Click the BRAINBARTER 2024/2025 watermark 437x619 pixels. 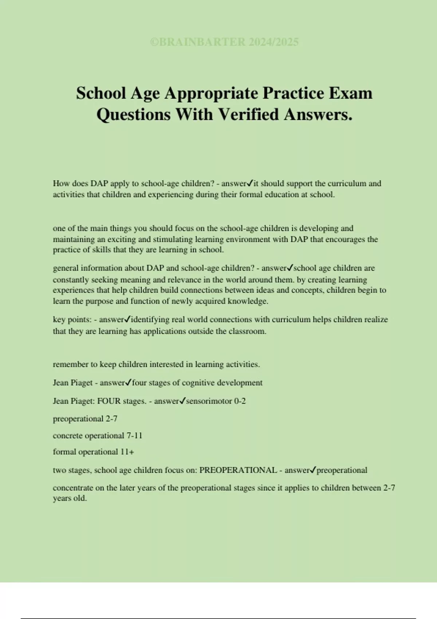(x=224, y=42)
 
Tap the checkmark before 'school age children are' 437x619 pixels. (x=290, y=268)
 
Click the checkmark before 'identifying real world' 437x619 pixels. (x=127, y=319)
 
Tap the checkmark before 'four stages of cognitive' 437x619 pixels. (x=128, y=383)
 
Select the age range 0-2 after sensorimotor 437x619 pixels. (x=240, y=401)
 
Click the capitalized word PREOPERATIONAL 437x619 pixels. (x=238, y=470)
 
